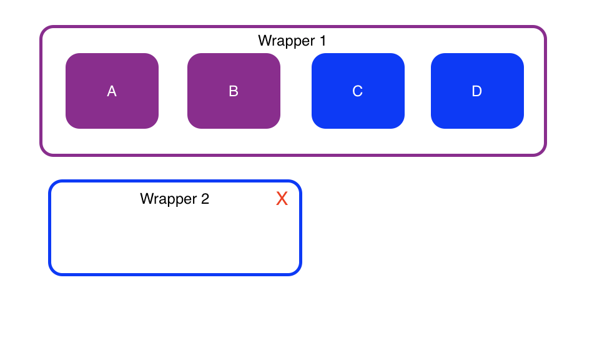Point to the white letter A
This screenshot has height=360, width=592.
(112, 91)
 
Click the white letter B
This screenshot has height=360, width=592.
(234, 91)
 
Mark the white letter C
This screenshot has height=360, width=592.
(358, 91)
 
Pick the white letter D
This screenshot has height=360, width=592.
(477, 91)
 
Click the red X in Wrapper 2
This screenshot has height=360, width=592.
(282, 199)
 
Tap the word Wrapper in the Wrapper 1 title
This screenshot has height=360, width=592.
(287, 41)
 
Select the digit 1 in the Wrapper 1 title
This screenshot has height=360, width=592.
(323, 41)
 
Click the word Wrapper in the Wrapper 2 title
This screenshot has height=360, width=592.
(168, 199)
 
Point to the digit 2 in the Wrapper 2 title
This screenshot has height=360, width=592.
(205, 199)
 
